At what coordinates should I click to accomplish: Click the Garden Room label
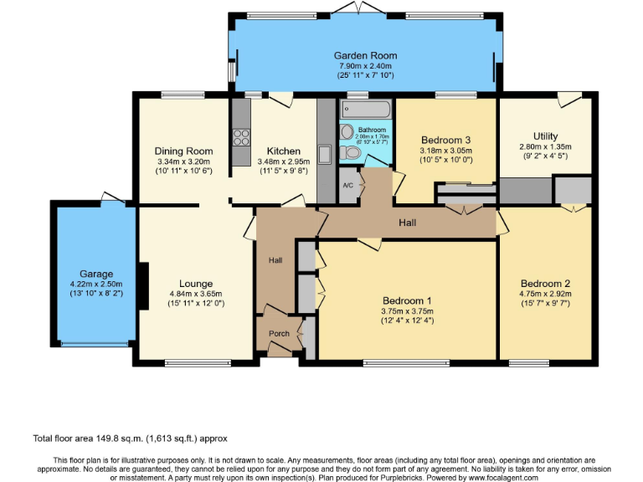(x=368, y=56)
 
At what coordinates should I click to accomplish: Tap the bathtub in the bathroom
(x=366, y=110)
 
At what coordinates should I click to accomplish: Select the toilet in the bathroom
(x=347, y=131)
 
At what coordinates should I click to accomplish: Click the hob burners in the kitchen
(x=241, y=135)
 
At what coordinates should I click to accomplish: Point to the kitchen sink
(x=326, y=153)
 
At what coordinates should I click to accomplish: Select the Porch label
(x=279, y=332)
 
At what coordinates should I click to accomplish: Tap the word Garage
(x=96, y=274)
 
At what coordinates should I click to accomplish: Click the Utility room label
(x=545, y=136)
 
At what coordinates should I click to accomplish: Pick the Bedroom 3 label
(x=445, y=140)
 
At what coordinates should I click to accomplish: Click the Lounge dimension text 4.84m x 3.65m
(x=195, y=294)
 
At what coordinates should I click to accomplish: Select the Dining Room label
(x=183, y=151)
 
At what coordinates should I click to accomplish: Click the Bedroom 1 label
(x=407, y=300)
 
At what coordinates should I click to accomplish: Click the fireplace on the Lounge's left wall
(x=144, y=285)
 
